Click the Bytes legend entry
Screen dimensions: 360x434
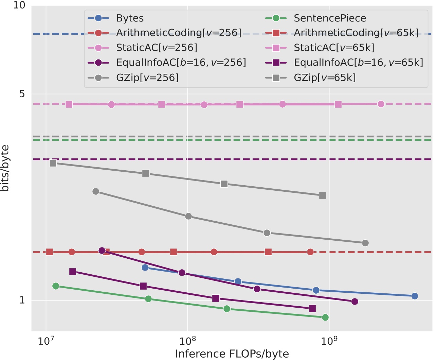(x=129, y=18)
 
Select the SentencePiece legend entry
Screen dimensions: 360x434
(x=330, y=18)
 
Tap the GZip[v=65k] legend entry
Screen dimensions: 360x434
(x=325, y=78)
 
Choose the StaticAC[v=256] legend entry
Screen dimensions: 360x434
(x=156, y=48)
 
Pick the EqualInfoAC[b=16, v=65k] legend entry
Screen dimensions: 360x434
(x=358, y=63)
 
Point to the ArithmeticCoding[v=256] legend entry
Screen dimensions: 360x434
(x=179, y=33)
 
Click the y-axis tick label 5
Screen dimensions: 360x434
(x=22, y=94)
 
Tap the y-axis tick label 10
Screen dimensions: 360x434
(x=19, y=6)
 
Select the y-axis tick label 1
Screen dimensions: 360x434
(x=22, y=300)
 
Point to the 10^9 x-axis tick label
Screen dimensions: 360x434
(x=328, y=340)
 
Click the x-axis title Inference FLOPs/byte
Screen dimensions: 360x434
(x=232, y=354)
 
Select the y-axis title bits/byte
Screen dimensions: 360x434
(x=5, y=168)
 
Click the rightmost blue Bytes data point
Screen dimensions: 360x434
(x=414, y=296)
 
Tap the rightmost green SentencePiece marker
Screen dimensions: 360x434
(x=325, y=317)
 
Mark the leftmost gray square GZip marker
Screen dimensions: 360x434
(x=53, y=163)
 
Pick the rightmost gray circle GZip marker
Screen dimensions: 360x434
(x=365, y=243)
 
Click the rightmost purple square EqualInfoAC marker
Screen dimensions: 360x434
(x=312, y=308)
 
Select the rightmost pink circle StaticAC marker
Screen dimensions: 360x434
(x=381, y=104)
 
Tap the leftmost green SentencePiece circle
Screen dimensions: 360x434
(x=56, y=286)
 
